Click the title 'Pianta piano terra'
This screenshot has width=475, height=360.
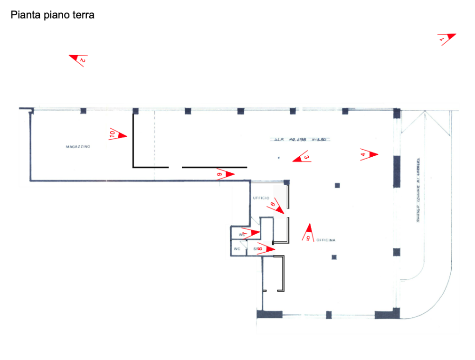53,16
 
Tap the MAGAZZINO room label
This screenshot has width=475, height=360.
77,147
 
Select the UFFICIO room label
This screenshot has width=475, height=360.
261,198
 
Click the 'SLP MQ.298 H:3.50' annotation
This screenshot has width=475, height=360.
300,140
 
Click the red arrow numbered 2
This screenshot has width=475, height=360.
79,59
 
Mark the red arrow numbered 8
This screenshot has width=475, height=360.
225,174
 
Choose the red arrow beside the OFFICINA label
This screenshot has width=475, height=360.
308,232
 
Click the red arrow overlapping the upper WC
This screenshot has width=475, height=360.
251,233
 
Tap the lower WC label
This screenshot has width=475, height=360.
236,248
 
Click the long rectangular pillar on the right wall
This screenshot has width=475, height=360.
396,171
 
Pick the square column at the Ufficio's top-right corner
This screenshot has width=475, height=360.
286,182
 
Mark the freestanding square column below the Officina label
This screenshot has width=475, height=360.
335,257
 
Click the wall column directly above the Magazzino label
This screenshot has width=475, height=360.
83,112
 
